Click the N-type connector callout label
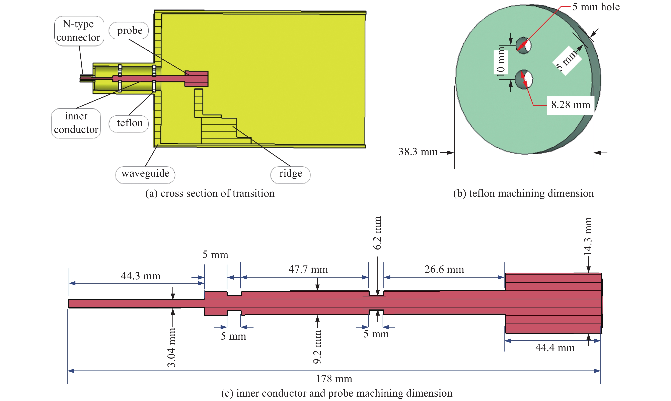[79, 31]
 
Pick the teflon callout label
[129, 123]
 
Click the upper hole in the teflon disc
[524, 45]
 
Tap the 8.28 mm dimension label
[570, 105]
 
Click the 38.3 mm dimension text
[418, 152]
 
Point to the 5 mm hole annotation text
[596, 7]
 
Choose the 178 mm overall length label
[334, 379]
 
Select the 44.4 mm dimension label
[555, 348]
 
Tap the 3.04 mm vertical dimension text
[172, 347]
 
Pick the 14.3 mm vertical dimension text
[588, 236]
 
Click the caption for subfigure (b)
[523, 193]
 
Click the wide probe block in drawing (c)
[553, 303]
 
